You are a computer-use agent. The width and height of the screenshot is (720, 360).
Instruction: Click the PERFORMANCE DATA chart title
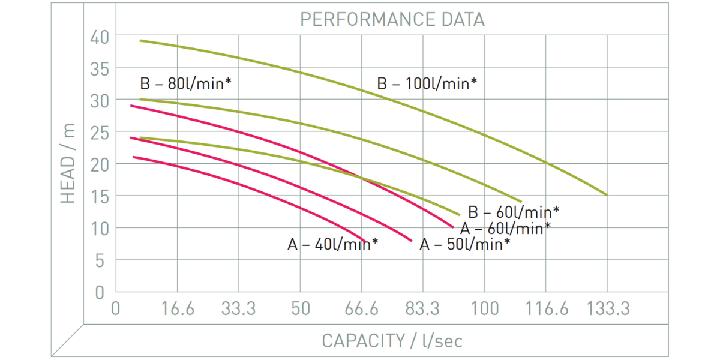pyautogui.click(x=392, y=19)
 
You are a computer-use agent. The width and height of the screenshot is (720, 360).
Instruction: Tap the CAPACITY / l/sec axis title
pyautogui.click(x=392, y=341)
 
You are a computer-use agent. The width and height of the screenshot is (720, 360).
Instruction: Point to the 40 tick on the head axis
pyautogui.click(x=100, y=37)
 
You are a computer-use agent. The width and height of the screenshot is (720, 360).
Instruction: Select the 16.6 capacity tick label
pyautogui.click(x=178, y=308)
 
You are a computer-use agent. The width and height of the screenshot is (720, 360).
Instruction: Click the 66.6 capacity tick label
pyautogui.click(x=361, y=308)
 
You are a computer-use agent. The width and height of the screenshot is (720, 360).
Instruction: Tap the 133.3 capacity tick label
pyautogui.click(x=608, y=308)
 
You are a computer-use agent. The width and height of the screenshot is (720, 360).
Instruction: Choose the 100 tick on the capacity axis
pyautogui.click(x=485, y=308)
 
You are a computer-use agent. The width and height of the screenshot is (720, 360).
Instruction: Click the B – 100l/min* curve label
pyautogui.click(x=427, y=83)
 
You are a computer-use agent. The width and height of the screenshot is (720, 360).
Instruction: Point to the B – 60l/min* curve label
pyautogui.click(x=514, y=212)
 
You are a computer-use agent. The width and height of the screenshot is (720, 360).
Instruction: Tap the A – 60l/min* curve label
pyautogui.click(x=505, y=228)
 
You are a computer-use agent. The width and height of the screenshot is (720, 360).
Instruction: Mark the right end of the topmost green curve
pyautogui.click(x=607, y=195)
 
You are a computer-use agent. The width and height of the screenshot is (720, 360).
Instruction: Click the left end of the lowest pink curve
pyautogui.click(x=133, y=157)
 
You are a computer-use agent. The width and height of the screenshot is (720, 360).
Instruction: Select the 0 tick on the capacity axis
pyautogui.click(x=116, y=308)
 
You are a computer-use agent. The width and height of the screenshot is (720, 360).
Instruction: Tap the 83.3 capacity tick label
pyautogui.click(x=422, y=308)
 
